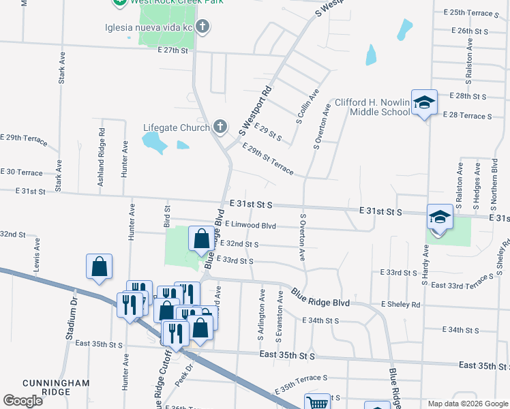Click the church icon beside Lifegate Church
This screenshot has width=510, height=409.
(x=220, y=127)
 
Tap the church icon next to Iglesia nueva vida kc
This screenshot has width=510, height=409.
(x=202, y=27)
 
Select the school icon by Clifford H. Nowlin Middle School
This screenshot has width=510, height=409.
(x=424, y=103)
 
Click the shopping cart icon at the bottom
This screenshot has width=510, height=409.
(x=317, y=403)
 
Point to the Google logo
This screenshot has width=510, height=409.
(x=22, y=401)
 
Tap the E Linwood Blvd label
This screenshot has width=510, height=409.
(x=250, y=225)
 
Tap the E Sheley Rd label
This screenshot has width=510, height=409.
(x=401, y=304)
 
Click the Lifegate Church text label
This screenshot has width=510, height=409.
(x=176, y=127)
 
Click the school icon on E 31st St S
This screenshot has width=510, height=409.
(x=440, y=217)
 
